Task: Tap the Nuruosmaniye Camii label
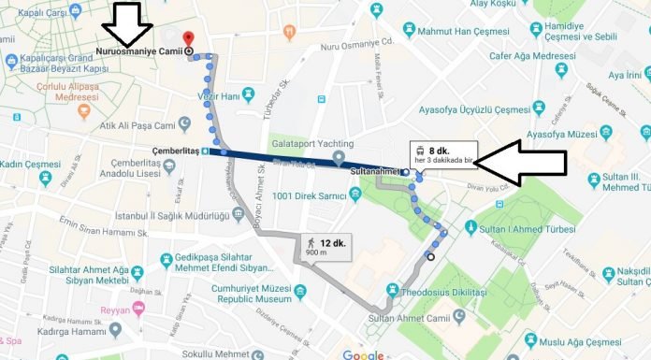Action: (138, 50)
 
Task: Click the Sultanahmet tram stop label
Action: (373, 173)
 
